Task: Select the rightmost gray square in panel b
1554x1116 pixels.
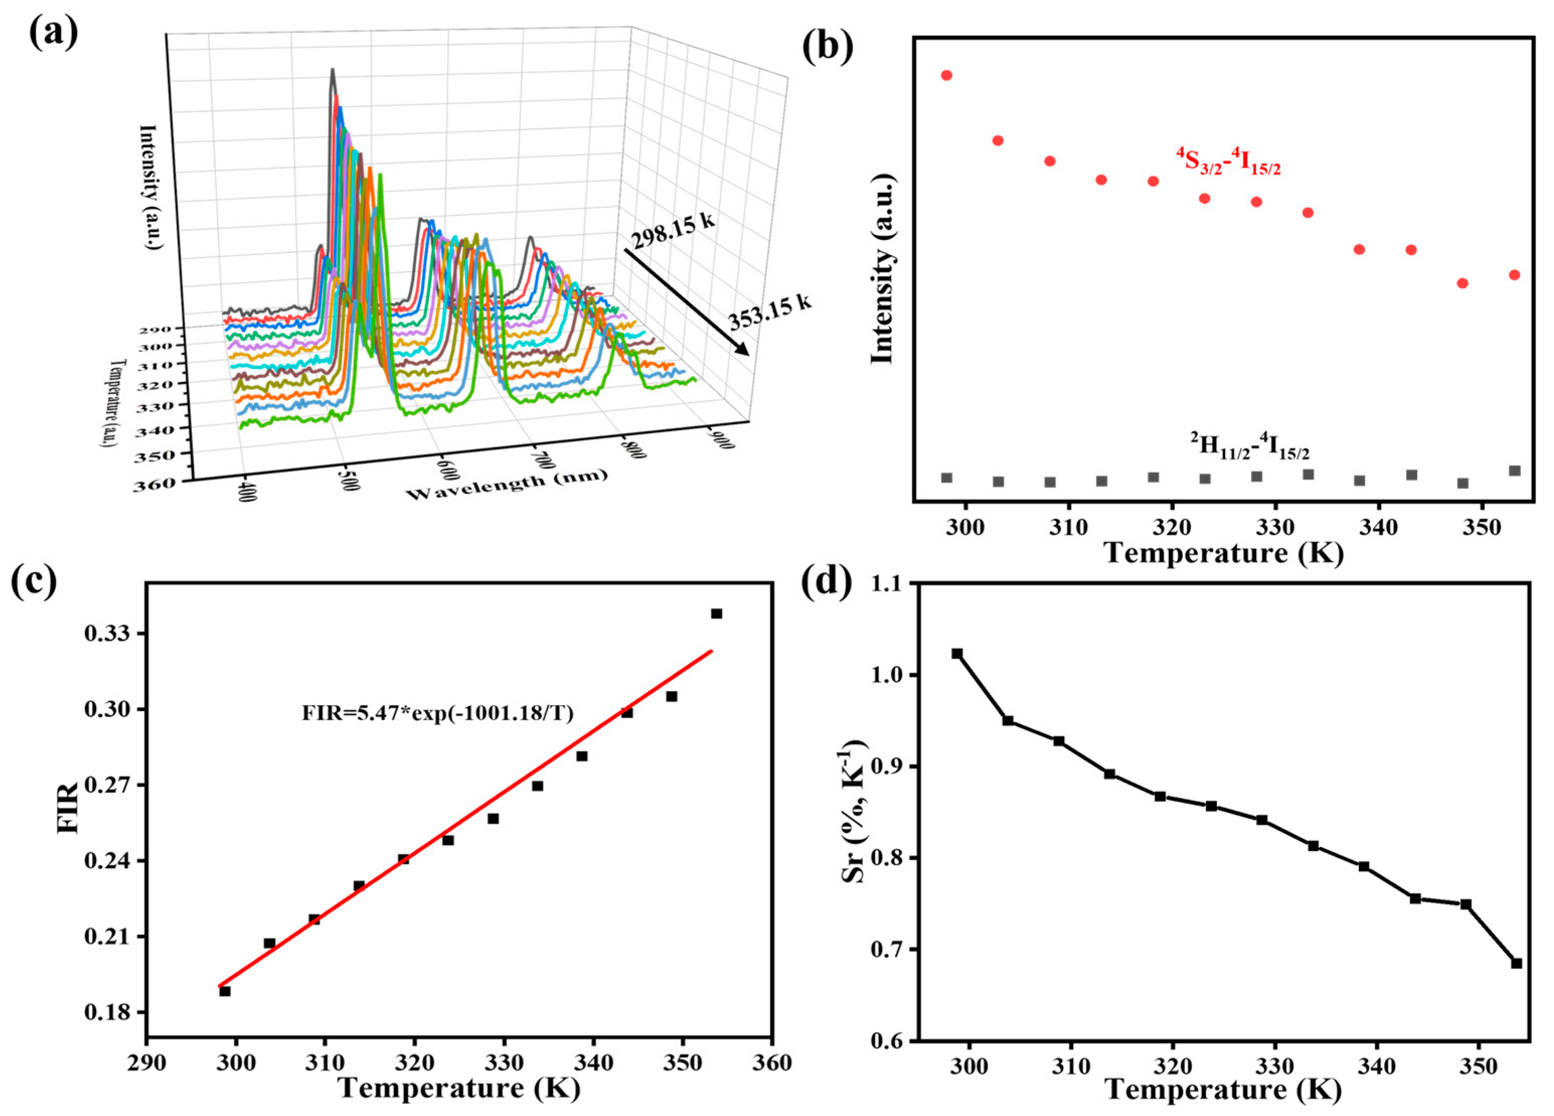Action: click(x=1514, y=471)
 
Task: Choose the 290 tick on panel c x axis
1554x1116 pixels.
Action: click(x=147, y=1063)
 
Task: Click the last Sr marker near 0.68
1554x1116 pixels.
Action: click(x=1516, y=963)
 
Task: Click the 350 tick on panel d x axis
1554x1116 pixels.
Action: click(x=1479, y=1066)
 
